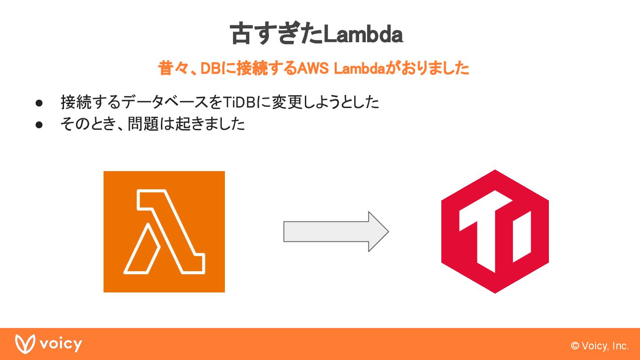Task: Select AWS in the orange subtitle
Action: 313,68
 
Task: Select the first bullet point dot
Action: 39,103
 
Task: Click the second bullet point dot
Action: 39,124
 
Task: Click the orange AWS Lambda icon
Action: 164,232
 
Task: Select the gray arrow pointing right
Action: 336,232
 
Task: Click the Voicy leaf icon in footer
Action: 25,344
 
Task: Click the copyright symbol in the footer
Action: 575,346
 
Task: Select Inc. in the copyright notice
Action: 620,346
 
